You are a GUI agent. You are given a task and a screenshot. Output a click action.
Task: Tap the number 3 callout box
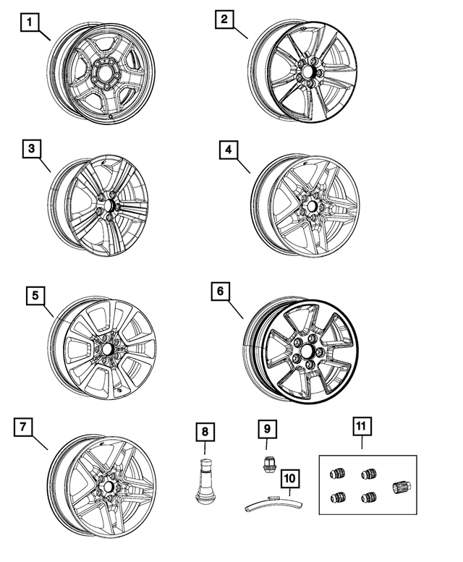tap(31, 150)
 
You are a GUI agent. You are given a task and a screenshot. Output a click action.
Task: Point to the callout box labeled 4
tap(228, 150)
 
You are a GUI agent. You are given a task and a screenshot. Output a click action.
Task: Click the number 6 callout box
tap(221, 292)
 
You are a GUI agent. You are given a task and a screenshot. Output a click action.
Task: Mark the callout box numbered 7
tap(24, 427)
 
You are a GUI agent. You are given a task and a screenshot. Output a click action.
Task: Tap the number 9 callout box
tap(266, 428)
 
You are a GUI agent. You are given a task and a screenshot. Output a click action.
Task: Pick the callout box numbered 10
tap(289, 477)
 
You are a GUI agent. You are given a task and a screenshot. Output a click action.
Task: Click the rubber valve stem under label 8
tap(205, 480)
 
